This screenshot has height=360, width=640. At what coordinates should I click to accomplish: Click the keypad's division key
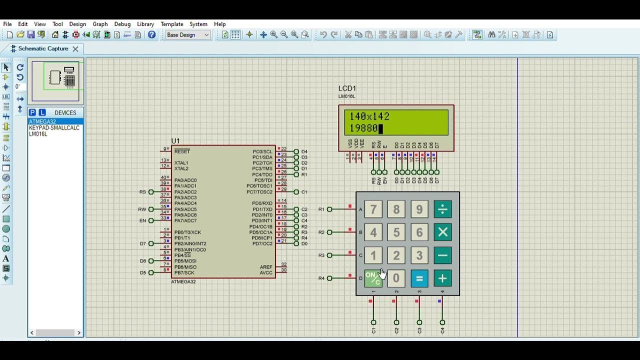tap(442, 209)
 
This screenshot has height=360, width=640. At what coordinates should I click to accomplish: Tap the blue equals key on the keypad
tap(419, 278)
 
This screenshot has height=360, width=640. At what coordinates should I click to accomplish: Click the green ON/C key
tap(373, 278)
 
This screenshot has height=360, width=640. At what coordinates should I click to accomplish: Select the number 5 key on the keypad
tap(396, 232)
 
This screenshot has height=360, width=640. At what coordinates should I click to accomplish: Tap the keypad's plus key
tap(442, 278)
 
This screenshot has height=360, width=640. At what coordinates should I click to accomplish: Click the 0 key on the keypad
tap(396, 278)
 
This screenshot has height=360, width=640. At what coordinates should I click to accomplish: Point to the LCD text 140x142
tap(369, 116)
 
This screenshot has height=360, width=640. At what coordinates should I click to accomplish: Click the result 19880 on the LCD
tap(363, 128)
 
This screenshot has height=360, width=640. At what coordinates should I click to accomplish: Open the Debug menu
tap(122, 24)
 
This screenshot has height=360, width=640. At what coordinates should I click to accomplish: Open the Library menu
tap(145, 24)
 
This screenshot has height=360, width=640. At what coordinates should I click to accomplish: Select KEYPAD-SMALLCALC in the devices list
tap(54, 128)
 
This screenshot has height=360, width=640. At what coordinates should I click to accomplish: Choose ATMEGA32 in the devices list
tap(42, 121)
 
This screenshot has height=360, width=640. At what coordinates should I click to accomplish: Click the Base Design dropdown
tap(187, 35)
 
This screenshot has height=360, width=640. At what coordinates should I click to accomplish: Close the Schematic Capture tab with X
tap(75, 49)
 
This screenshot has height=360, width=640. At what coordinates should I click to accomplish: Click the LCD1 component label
tap(347, 88)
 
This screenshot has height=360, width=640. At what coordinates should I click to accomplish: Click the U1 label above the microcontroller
tap(175, 141)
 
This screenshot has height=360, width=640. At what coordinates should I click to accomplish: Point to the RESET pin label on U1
tap(182, 151)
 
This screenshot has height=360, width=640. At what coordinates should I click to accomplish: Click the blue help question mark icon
tap(151, 35)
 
